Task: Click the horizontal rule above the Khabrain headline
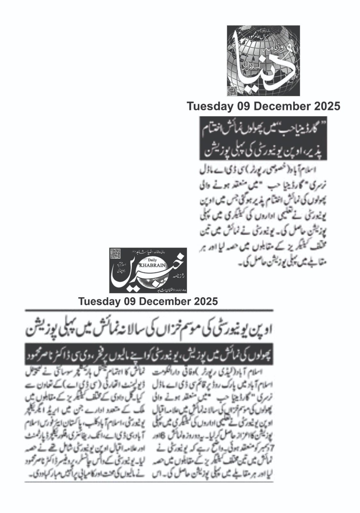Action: point(149,310)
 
